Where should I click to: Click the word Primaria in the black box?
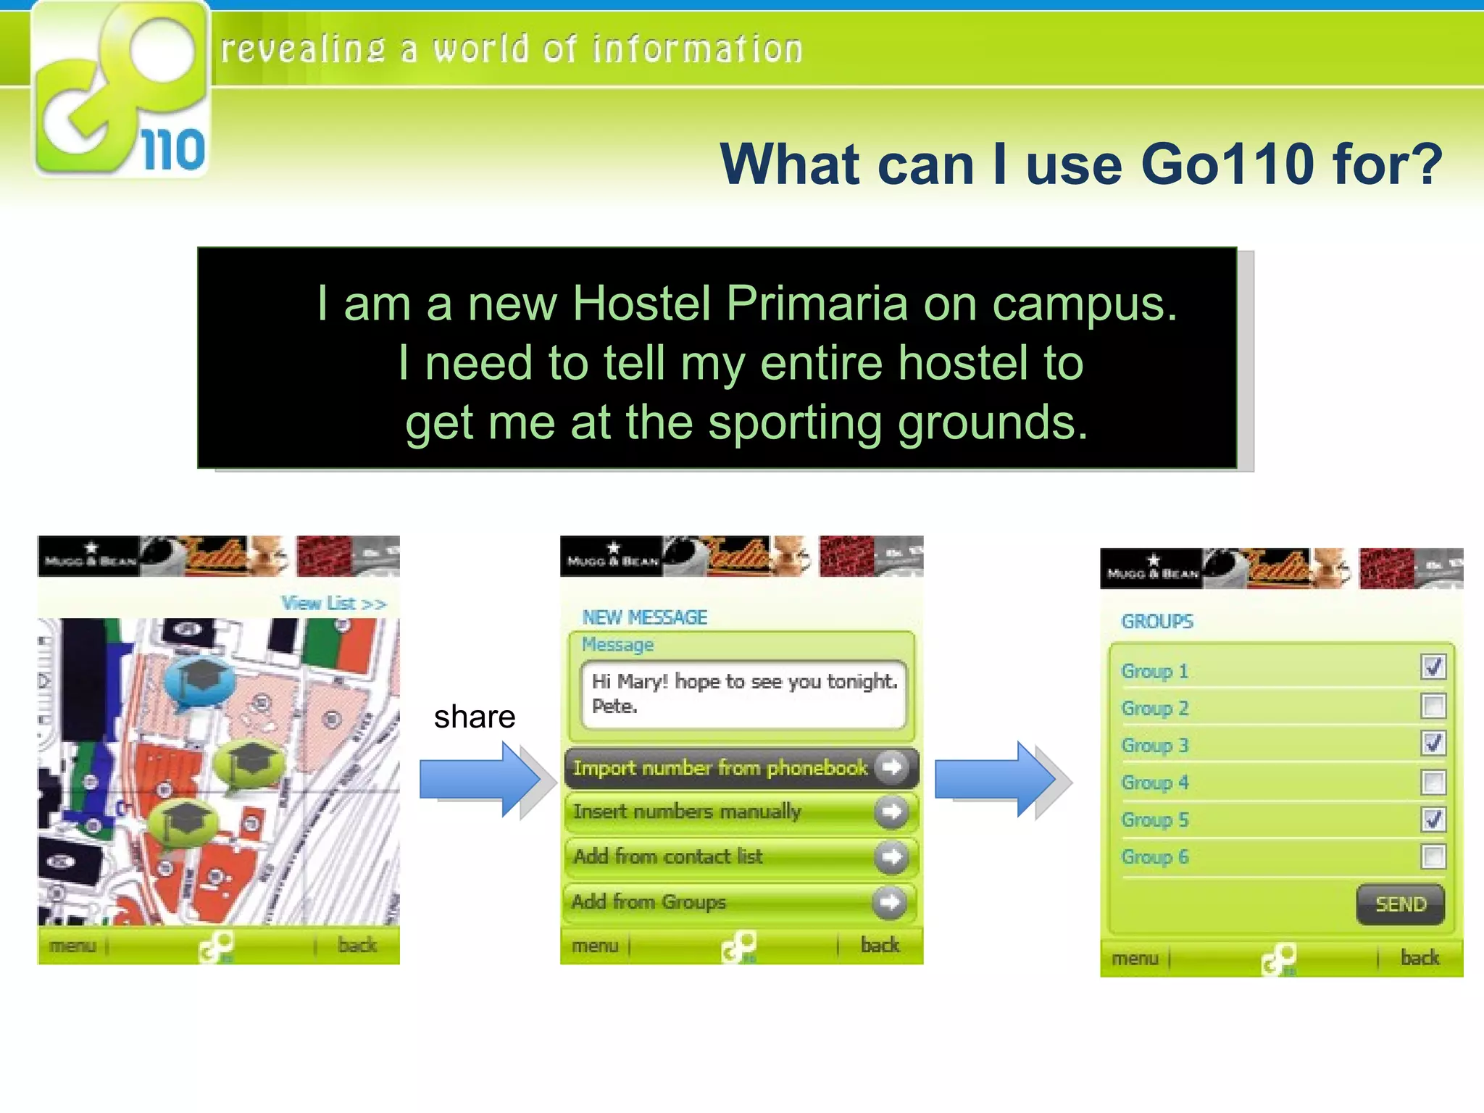[x=816, y=303]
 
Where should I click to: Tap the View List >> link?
[x=333, y=603]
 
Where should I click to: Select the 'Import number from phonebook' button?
[x=741, y=767]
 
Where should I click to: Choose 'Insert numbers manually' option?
[x=741, y=812]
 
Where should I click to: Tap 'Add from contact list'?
[x=741, y=856]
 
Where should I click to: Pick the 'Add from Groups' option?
[x=741, y=901]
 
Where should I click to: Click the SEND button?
[x=1400, y=904]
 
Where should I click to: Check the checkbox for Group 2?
[x=1433, y=706]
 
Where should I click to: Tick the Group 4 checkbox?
[x=1433, y=782]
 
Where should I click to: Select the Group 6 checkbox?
[x=1433, y=856]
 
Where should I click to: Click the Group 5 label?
[x=1155, y=820]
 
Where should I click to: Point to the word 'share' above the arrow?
[x=475, y=717]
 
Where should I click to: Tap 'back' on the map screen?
[x=357, y=945]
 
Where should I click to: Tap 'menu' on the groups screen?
[x=1135, y=958]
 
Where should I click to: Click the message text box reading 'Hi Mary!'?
[x=743, y=693]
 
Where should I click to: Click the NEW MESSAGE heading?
[x=644, y=617]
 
